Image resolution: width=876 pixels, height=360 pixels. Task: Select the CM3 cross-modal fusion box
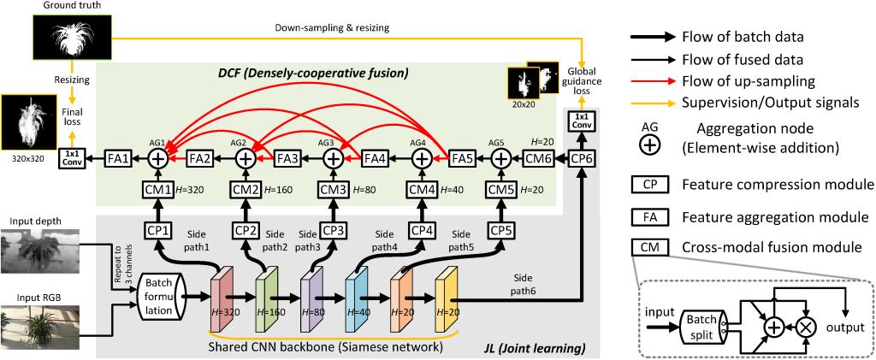point(333,189)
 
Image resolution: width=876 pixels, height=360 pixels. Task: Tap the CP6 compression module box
point(581,158)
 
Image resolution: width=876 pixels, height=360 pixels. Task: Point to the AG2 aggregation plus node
point(245,158)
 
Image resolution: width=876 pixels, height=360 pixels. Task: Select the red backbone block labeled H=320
point(222,295)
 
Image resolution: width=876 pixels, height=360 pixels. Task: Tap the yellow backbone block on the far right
point(447,297)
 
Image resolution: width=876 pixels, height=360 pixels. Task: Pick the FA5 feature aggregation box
point(463,158)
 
